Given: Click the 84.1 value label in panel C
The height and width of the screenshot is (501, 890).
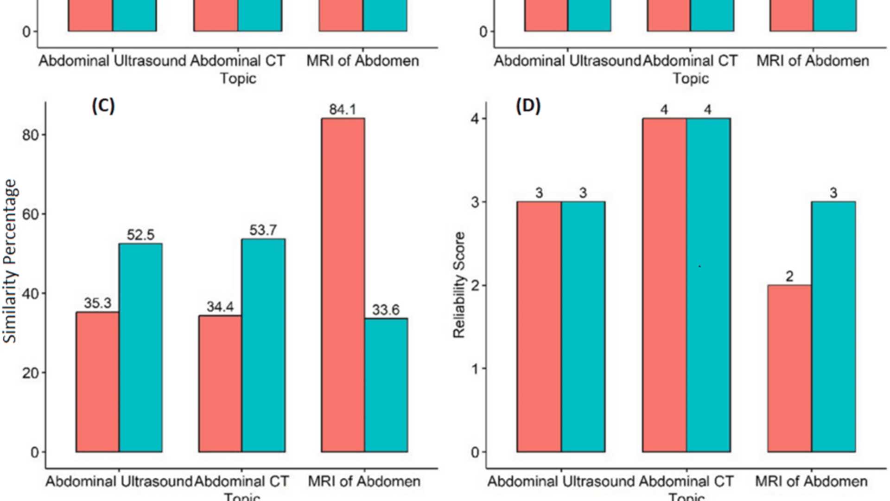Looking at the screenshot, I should (343, 109).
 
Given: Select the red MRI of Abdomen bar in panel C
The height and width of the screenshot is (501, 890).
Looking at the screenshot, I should (343, 285).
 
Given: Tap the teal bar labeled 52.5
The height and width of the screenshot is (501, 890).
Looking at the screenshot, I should (140, 347).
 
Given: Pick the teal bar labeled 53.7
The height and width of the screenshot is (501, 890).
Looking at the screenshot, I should (263, 345).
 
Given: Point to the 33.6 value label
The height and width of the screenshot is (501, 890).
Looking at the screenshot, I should (386, 309).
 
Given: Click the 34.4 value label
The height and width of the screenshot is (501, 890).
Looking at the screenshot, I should (220, 307).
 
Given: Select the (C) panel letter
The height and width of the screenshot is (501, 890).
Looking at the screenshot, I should (103, 106).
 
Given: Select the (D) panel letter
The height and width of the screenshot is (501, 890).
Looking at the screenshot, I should (528, 106).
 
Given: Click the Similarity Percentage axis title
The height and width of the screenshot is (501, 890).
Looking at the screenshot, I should (10, 261).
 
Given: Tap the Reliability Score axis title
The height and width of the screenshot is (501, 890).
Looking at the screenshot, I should (459, 285).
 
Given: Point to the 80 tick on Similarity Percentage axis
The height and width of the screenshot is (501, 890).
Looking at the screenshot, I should (30, 135).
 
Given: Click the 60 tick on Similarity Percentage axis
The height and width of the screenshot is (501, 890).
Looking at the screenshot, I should (30, 214).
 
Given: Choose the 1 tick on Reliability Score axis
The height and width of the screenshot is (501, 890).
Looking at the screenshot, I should (475, 369).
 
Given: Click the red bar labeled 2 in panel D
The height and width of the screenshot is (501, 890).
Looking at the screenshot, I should (789, 368).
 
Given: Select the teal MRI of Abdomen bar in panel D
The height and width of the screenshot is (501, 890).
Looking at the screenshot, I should (833, 327).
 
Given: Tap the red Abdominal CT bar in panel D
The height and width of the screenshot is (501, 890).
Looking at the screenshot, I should (664, 285).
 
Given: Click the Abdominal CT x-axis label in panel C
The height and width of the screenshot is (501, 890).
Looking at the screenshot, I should (242, 481).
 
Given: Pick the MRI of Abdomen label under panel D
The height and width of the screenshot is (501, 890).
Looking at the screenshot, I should (811, 481).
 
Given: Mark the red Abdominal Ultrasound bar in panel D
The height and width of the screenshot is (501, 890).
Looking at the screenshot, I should (539, 327).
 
